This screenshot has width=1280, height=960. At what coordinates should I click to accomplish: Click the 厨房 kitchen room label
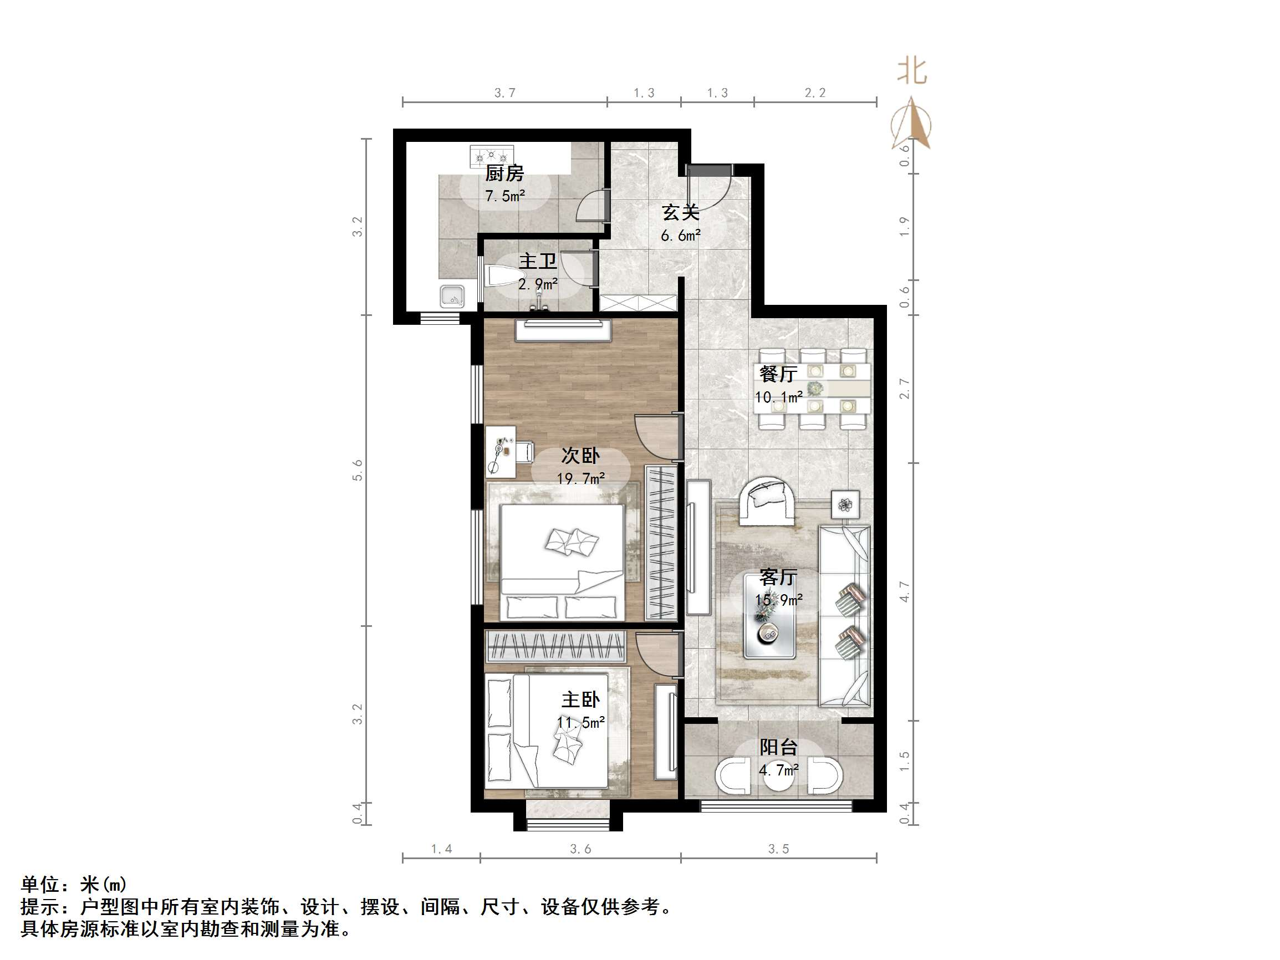[504, 173]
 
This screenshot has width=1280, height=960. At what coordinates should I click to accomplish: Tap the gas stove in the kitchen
[491, 156]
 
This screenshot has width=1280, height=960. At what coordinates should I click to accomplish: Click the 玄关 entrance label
[681, 212]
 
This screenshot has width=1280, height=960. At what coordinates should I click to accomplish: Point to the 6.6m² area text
[681, 236]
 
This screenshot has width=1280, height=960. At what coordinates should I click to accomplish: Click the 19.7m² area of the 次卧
[580, 478]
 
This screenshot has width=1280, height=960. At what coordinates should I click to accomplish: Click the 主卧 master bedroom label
[580, 699]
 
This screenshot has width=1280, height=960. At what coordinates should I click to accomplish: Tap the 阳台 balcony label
[778, 747]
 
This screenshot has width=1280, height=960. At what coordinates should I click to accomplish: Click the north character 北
[912, 72]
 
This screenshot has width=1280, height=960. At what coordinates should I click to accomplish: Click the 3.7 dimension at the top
[504, 93]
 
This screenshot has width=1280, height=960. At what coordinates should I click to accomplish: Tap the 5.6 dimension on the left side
[358, 470]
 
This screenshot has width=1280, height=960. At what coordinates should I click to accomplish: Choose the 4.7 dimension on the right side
[905, 592]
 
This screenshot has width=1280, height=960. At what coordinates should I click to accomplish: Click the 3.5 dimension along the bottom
[778, 849]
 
